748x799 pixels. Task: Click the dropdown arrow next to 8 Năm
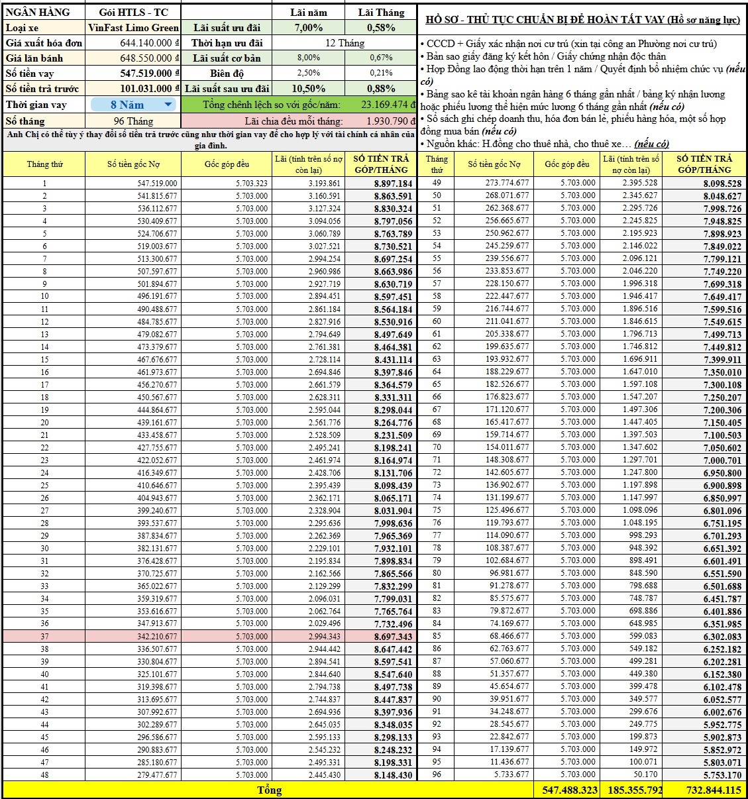pyautogui.click(x=168, y=105)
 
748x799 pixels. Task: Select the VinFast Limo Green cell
pyautogui.click(x=133, y=28)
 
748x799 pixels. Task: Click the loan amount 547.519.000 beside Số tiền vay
pyautogui.click(x=146, y=74)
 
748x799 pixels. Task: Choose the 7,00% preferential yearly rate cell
pyautogui.click(x=308, y=28)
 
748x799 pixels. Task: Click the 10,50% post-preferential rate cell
pyautogui.click(x=308, y=89)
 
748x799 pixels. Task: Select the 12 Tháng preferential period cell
pyautogui.click(x=345, y=43)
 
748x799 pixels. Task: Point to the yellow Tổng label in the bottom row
pyautogui.click(x=269, y=790)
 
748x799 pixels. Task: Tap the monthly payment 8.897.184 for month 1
pyautogui.click(x=393, y=184)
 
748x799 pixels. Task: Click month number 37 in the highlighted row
pyautogui.click(x=44, y=637)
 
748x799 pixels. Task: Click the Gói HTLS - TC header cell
pyautogui.click(x=133, y=13)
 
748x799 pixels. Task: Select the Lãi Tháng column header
pyautogui.click(x=381, y=13)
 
